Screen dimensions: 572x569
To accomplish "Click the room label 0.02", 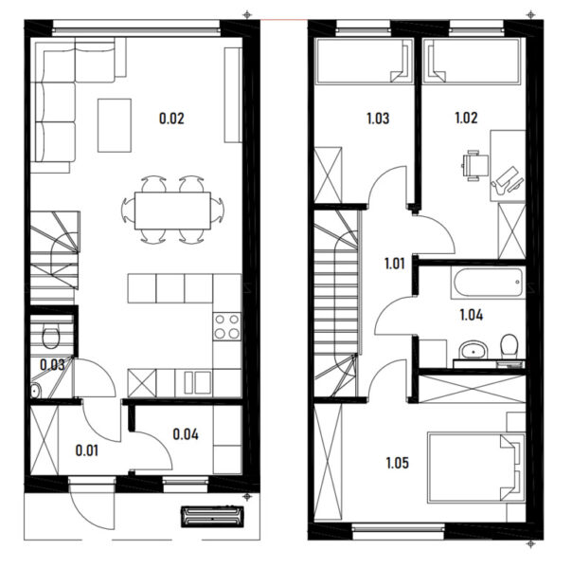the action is (171, 119).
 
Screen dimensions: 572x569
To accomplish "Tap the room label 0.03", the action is (52, 364).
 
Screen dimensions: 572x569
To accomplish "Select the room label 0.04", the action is (186, 434).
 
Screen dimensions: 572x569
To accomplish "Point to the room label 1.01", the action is (395, 264).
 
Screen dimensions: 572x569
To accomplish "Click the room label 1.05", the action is (397, 463).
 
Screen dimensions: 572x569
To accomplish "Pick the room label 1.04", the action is (472, 315).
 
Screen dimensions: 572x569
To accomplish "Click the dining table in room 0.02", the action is (172, 211).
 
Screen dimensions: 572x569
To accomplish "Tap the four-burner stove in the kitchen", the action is (227, 326).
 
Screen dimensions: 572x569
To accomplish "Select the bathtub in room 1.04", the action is (488, 283).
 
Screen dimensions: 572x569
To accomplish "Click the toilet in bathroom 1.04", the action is (509, 346).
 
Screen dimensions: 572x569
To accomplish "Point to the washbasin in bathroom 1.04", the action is (474, 350).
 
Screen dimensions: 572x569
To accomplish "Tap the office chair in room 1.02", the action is (475, 165).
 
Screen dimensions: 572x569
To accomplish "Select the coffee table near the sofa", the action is (115, 125).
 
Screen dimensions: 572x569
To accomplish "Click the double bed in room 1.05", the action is (476, 468).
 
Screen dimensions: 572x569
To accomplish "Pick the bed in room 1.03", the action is (364, 61).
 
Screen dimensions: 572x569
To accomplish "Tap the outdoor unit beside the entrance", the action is (212, 517).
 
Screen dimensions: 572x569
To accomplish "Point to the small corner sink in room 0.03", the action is (35, 390).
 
